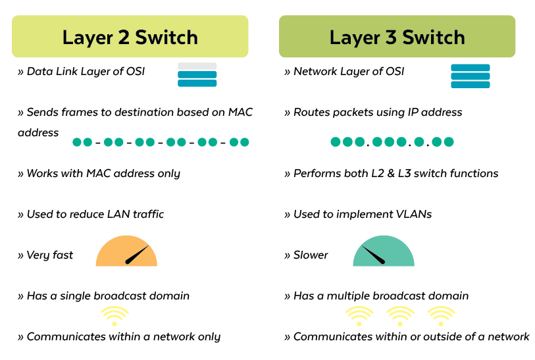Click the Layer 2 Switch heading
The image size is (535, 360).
130,37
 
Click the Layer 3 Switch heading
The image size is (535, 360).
397,37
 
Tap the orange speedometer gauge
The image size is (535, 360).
126,252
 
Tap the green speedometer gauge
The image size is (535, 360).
384,252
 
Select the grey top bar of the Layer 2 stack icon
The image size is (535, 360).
197,66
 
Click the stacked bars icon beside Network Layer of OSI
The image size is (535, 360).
470,76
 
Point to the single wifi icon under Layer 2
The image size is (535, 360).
115,315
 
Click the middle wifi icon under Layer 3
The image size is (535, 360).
400,315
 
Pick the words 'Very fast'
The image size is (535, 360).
50,255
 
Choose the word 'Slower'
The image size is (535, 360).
311,255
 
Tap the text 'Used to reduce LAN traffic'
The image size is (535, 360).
95,214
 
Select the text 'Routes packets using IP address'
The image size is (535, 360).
378,113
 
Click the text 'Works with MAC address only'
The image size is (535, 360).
103,174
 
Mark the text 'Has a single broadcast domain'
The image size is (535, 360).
108,296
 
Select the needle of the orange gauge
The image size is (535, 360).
137,255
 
